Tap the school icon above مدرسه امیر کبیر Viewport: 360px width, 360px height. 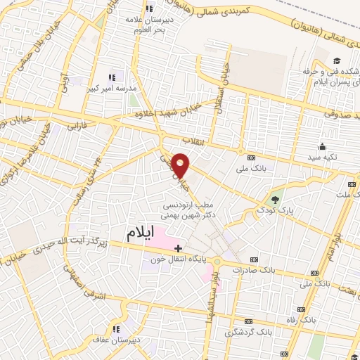(110, 77)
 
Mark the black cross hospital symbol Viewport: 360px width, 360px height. (179, 247)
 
